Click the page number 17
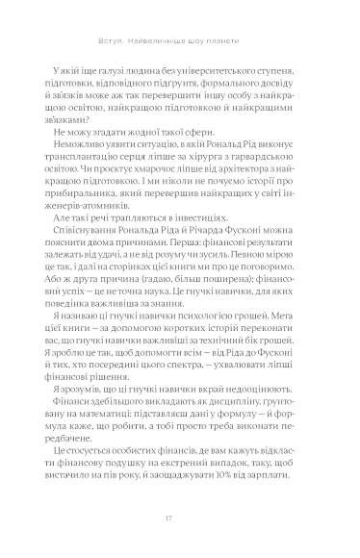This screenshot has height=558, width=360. point(180,519)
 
